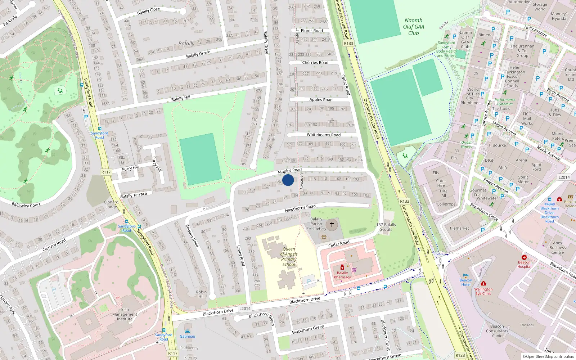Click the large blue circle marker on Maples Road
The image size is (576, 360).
click(288, 180)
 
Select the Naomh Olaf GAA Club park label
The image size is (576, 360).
click(413, 27)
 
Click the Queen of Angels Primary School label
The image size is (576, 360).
click(289, 257)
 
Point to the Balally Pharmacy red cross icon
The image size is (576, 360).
click(342, 267)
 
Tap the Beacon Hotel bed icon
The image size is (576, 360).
click(466, 275)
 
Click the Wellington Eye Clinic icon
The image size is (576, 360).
click(483, 284)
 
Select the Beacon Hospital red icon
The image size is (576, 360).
click(524, 257)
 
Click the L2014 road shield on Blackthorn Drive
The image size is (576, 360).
click(245, 309)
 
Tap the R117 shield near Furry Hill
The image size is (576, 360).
click(106, 172)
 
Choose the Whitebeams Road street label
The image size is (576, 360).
click(323, 135)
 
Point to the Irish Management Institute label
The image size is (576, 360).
click(125, 314)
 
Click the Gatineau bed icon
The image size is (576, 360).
click(187, 332)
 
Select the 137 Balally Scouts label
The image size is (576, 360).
click(386, 227)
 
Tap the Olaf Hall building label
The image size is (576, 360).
click(123, 160)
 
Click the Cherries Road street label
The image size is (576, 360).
click(315, 63)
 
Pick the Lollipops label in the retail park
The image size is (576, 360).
click(446, 204)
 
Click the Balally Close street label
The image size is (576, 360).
click(148, 11)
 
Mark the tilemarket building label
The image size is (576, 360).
click(459, 228)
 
